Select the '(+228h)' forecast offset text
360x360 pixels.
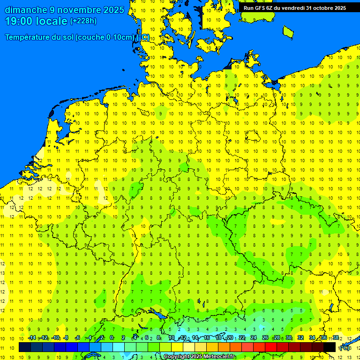coord(83,21)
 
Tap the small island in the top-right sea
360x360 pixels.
coord(288,31)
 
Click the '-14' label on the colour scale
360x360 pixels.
coord(32,338)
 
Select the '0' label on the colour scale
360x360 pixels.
coord(112,338)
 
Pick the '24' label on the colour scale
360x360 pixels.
coord(254,338)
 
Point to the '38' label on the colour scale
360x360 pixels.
coord(336,338)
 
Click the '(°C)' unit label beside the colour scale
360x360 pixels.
coord(345,348)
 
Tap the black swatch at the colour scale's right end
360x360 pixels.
coord(330,347)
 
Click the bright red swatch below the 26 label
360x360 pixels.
coord(271,347)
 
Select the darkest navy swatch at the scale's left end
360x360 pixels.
coord(25,347)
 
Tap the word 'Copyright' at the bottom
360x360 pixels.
coord(176,357)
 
